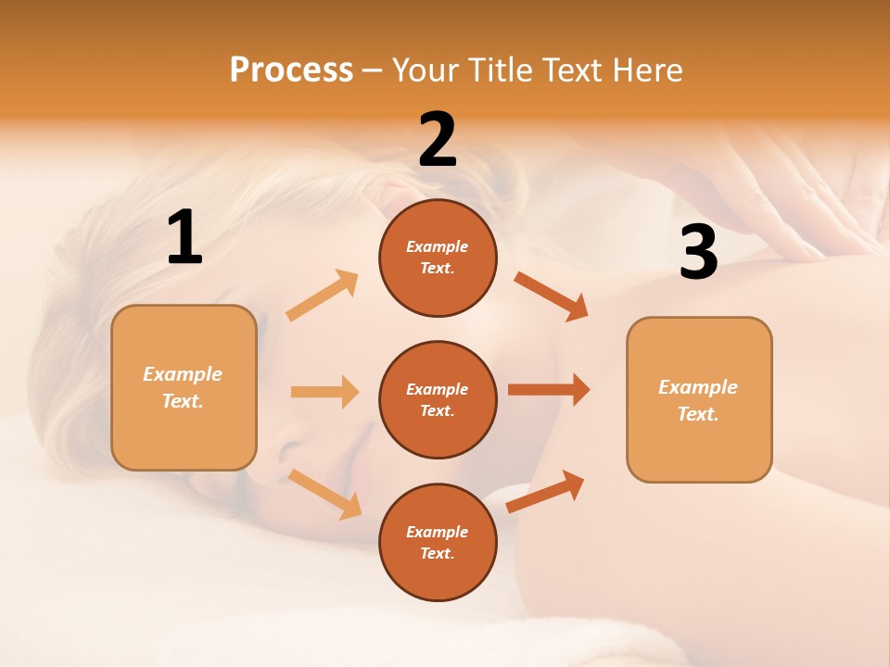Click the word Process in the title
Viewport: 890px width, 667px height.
click(291, 69)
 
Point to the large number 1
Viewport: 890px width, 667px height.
click(184, 238)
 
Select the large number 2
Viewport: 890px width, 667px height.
click(438, 140)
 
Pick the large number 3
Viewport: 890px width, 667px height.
click(698, 252)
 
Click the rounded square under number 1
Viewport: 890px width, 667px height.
click(184, 387)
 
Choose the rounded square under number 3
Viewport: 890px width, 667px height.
click(699, 399)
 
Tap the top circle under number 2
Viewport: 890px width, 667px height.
click(438, 258)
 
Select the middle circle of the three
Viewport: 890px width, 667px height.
click(438, 399)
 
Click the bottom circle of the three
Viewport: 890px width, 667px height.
click(438, 542)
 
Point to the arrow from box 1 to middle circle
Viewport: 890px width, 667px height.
click(324, 392)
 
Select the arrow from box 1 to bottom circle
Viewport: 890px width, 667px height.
click(325, 494)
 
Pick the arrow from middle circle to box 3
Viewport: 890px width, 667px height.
click(549, 389)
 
